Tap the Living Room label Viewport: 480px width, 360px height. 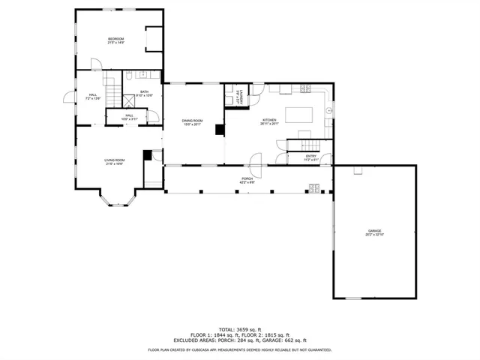pos(114,161)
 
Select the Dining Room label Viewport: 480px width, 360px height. pos(193,122)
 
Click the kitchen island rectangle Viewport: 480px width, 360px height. pos(301,115)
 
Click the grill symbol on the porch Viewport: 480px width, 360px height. pos(314,188)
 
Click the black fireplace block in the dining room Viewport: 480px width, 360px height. pos(219,130)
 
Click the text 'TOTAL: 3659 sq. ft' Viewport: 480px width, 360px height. pos(239,328)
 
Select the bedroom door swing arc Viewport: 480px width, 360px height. pos(95,63)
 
